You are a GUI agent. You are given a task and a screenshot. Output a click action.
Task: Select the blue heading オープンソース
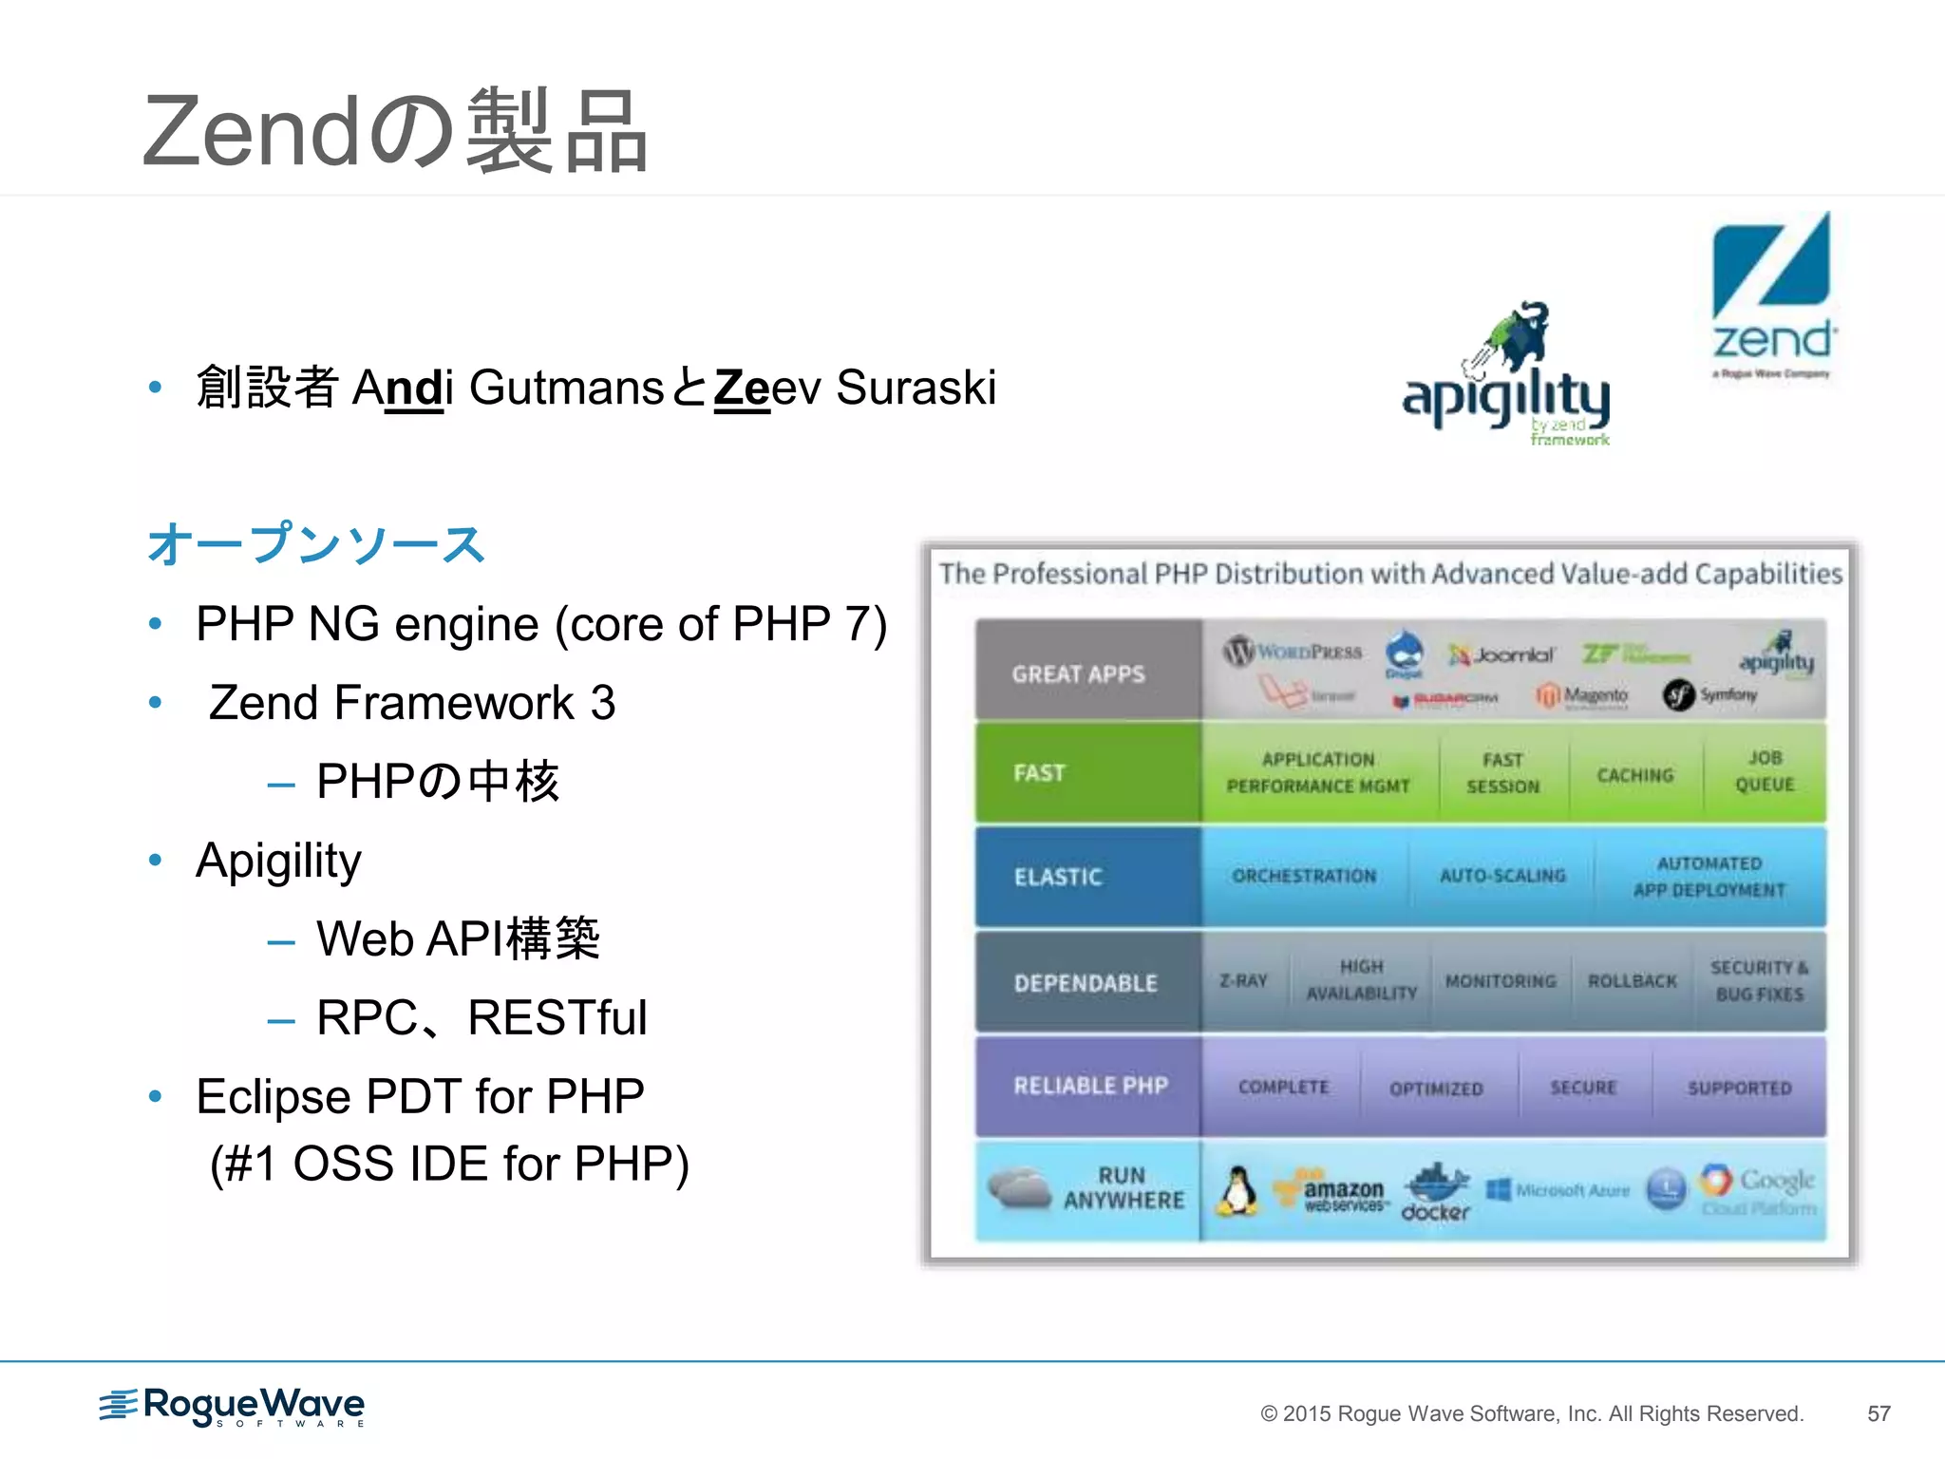(315, 545)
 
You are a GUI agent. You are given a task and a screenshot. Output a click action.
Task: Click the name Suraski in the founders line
(916, 388)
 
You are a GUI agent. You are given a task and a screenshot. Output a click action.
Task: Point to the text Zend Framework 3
(411, 703)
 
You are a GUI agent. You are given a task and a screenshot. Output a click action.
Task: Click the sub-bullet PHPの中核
(437, 782)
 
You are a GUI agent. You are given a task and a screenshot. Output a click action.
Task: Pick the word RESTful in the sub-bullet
(557, 1018)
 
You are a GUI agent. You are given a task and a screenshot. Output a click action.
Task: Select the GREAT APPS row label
(1078, 674)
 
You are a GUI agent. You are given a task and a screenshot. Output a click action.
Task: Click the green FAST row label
(1039, 773)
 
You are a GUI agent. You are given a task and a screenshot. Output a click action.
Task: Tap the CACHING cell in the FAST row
(1634, 775)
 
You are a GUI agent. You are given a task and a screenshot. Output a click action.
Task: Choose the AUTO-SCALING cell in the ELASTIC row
(1502, 876)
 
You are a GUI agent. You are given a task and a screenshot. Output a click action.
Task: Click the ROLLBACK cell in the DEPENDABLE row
(1632, 981)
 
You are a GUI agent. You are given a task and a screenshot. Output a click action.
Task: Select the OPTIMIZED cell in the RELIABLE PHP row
(1436, 1089)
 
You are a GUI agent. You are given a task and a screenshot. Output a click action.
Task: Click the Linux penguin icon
(1237, 1191)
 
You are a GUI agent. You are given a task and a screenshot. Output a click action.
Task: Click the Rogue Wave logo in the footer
(233, 1407)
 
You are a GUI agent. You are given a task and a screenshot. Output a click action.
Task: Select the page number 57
(1879, 1413)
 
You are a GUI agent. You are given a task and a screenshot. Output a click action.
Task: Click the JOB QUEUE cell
(1765, 771)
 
